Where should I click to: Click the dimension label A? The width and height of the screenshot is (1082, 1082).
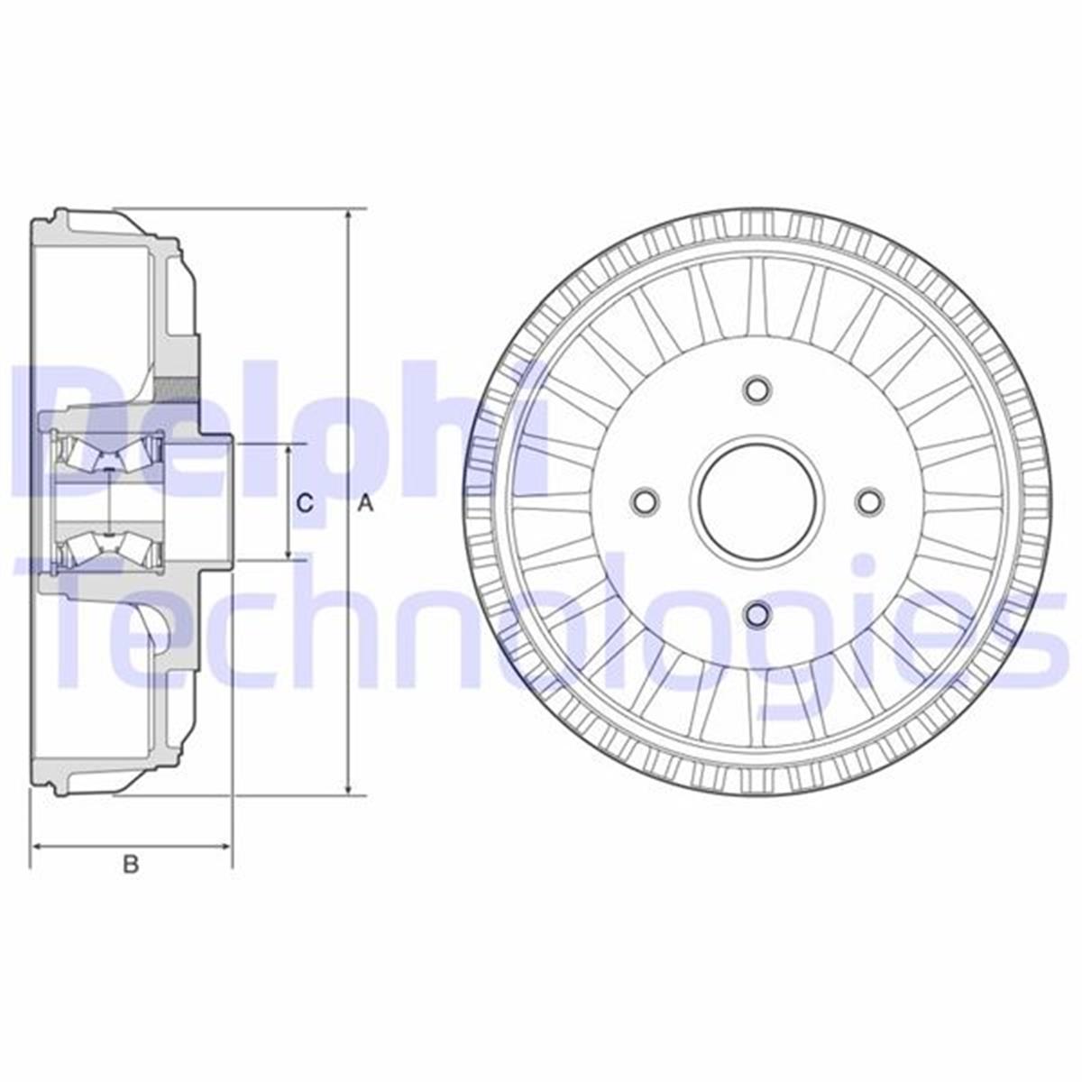(365, 504)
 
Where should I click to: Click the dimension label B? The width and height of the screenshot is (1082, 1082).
(132, 864)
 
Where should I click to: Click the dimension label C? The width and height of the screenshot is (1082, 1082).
(306, 503)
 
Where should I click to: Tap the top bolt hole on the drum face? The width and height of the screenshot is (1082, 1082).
(757, 390)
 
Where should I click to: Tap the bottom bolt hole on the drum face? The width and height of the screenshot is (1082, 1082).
(757, 614)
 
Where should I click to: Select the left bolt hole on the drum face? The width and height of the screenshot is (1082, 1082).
(645, 502)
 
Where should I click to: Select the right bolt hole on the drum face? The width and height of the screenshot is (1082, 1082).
(869, 502)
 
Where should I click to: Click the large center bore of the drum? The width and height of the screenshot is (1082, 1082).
(757, 502)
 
